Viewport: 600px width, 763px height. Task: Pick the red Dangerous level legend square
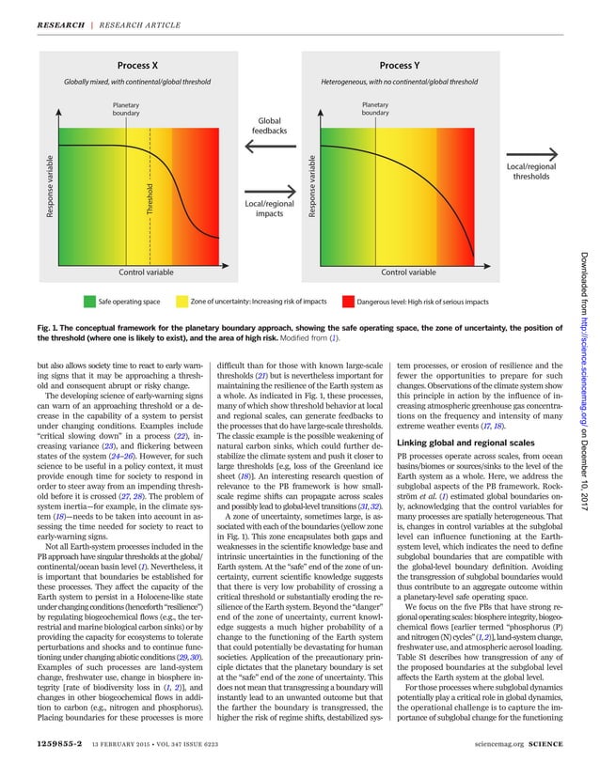tap(348, 302)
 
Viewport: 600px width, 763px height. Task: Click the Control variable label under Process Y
tap(408, 272)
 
